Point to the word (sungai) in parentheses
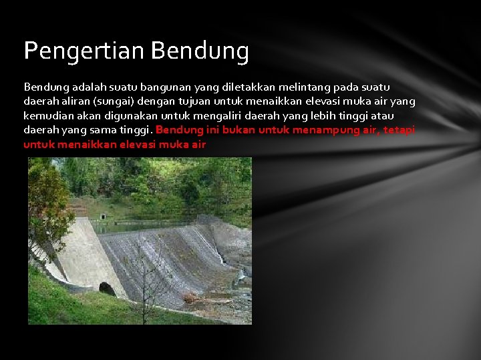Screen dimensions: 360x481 coord(118,101)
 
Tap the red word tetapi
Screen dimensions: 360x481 coord(398,129)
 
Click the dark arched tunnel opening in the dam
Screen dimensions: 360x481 coord(107,289)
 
